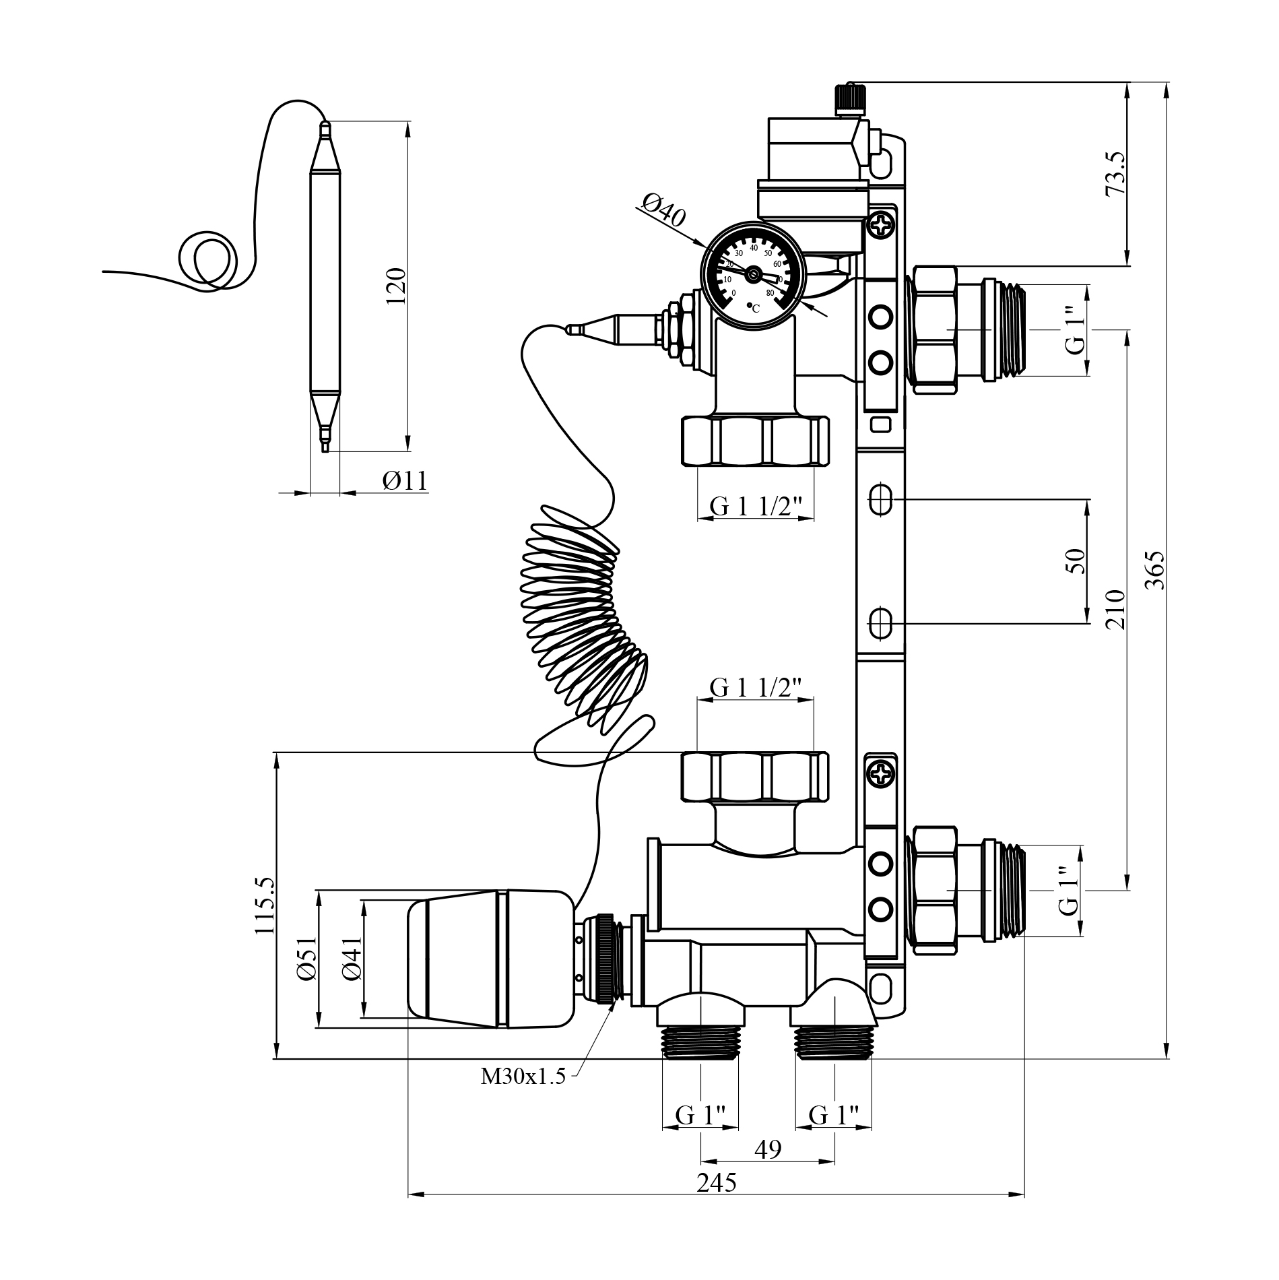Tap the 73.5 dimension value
[x=1115, y=173]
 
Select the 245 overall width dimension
[x=717, y=1182]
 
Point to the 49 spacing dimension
[x=768, y=1149]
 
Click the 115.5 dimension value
[x=265, y=905]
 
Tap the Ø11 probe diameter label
[x=405, y=480]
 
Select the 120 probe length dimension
[x=396, y=286]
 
